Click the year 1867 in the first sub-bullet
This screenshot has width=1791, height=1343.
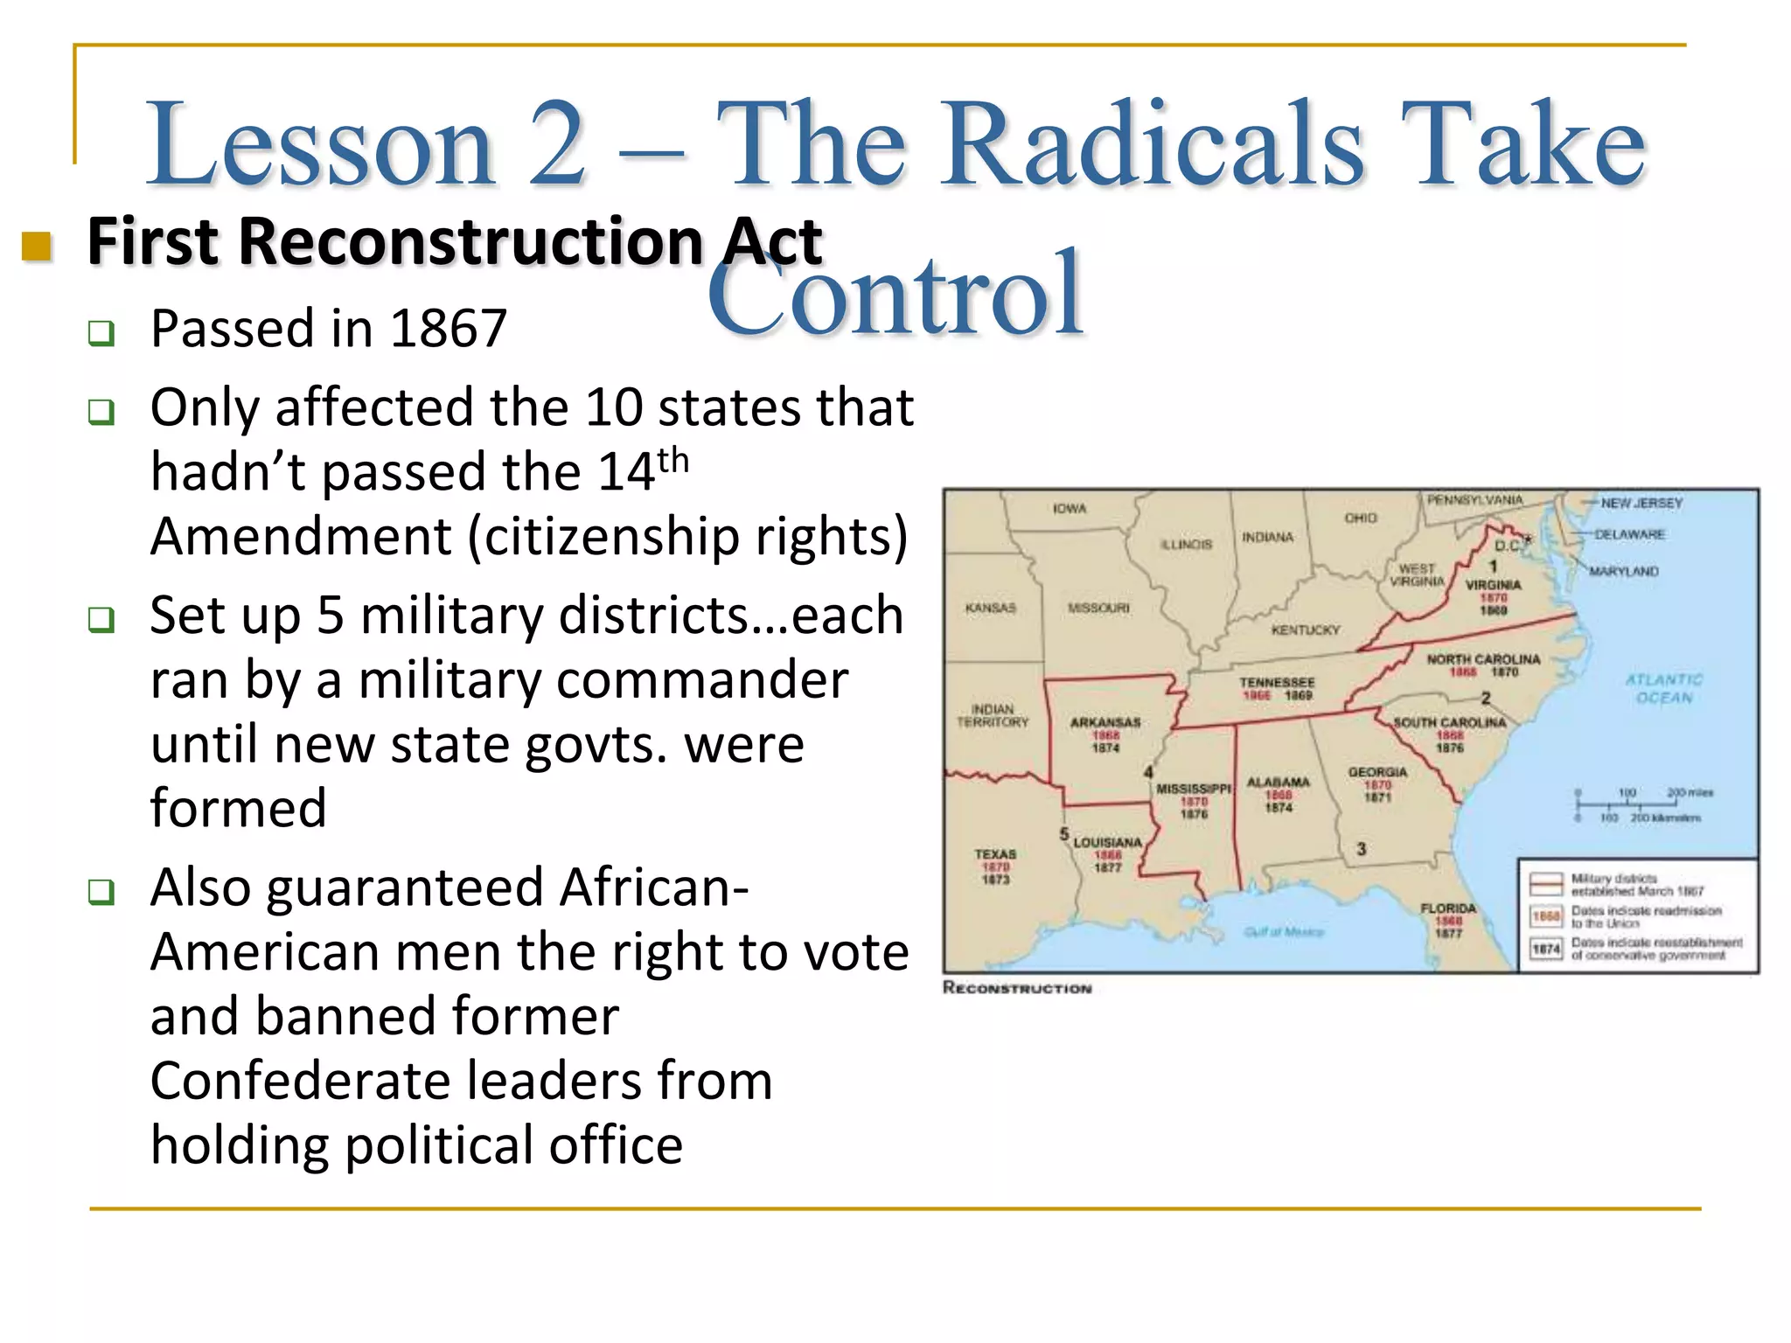[448, 329]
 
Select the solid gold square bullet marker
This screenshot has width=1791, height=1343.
[37, 247]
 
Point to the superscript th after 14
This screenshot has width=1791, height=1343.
[673, 460]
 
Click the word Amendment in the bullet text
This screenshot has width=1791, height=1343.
[301, 536]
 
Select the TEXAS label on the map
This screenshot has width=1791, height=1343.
[995, 853]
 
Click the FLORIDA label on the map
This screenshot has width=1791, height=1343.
[1448, 908]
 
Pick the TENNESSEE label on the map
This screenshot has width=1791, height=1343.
[1277, 682]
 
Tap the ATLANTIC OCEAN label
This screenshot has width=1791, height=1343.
[1664, 689]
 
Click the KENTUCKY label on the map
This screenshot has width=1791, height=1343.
[1306, 630]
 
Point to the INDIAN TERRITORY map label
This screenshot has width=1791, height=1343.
[993, 715]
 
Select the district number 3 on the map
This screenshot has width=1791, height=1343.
[1361, 849]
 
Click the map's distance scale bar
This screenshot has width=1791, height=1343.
[1627, 804]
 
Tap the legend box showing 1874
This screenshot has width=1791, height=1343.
[1546, 949]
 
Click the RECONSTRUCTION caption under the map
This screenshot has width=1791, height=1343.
[1017, 988]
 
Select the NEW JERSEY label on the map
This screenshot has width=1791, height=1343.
[1641, 503]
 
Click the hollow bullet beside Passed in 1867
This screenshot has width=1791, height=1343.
[101, 333]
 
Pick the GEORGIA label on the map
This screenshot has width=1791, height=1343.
[1377, 772]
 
